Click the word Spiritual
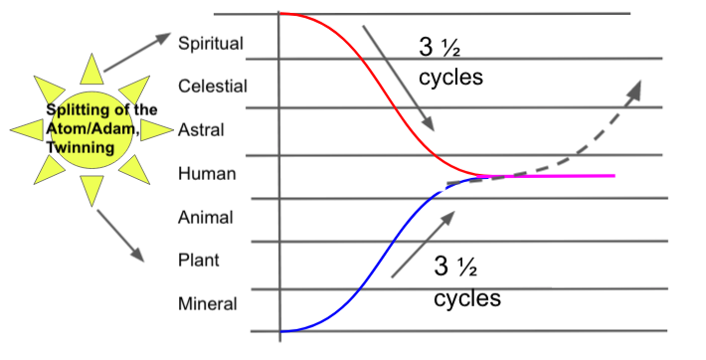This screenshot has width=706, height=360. tap(211, 43)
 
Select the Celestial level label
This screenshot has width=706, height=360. tap(213, 87)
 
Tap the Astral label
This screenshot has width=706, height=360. tap(201, 129)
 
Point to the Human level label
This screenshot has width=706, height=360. tap(207, 173)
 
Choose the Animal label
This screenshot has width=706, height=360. tap(205, 217)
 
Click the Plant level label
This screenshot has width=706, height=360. tap(199, 261)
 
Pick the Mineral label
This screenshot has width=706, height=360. tap(207, 303)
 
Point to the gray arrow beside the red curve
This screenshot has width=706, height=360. tap(398, 78)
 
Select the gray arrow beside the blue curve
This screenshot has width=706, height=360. tap(423, 244)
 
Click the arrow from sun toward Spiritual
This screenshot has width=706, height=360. tap(137, 52)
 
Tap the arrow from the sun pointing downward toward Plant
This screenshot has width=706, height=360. tap(120, 236)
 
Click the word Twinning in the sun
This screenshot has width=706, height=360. tap(81, 147)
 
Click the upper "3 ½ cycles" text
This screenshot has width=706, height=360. tap(450, 63)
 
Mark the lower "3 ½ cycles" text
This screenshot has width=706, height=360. tap(467, 281)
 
